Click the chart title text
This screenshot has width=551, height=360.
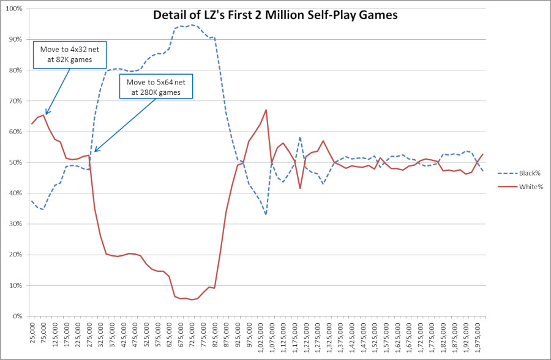click(x=275, y=15)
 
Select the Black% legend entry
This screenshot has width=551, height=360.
click(x=520, y=173)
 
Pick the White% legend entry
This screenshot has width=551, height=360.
click(x=520, y=187)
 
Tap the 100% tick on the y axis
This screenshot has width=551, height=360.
click(x=13, y=9)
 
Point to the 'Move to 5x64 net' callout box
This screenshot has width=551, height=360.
click(x=157, y=88)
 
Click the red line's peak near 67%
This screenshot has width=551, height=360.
click(x=266, y=110)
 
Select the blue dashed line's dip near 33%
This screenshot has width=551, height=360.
click(x=266, y=214)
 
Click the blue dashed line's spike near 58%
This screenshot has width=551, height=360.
click(x=300, y=137)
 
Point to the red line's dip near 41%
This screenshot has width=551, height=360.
click(x=300, y=189)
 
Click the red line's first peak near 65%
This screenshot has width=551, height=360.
click(x=43, y=115)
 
